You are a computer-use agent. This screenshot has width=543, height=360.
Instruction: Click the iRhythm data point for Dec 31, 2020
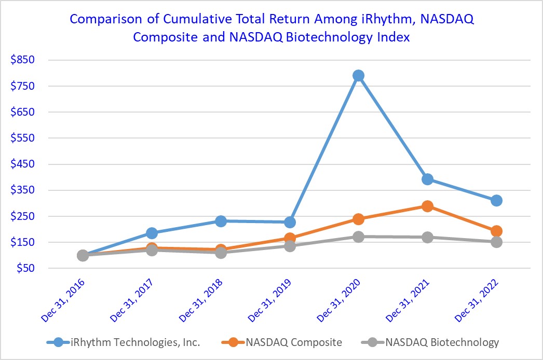(x=358, y=76)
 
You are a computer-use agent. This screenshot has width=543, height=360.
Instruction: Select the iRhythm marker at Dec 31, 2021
(x=427, y=179)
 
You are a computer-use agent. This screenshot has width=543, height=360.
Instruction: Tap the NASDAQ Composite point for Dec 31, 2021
(x=427, y=206)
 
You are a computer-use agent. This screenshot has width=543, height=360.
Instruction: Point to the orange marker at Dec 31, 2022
(x=496, y=231)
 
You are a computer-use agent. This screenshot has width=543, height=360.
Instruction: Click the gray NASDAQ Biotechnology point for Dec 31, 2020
(x=358, y=237)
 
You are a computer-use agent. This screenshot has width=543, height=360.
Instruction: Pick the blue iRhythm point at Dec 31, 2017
(x=152, y=233)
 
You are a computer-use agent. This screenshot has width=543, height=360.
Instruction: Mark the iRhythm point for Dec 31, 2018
(x=221, y=221)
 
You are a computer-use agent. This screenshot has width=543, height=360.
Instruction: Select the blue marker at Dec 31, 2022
(x=496, y=201)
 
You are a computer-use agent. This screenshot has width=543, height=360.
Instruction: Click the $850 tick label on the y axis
(x=22, y=60)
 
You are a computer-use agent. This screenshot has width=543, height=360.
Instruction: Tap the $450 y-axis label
(x=22, y=164)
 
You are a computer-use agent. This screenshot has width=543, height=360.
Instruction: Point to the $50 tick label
(x=24, y=268)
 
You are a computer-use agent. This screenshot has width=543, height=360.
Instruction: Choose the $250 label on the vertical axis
(x=22, y=216)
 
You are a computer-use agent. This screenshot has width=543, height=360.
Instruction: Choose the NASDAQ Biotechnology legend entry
(x=441, y=342)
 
